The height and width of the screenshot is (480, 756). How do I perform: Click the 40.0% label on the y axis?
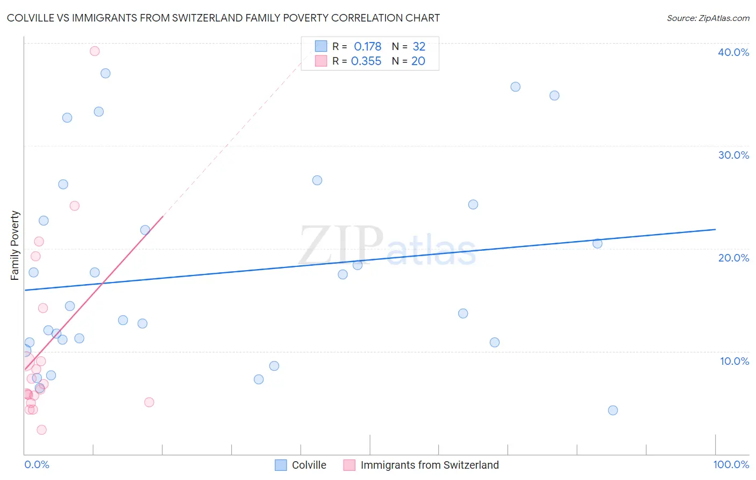[x=733, y=52]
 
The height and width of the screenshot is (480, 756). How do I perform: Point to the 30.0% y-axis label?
[x=733, y=155]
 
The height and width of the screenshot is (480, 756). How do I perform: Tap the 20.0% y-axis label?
[x=733, y=258]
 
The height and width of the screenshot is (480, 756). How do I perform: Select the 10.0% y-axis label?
[x=734, y=361]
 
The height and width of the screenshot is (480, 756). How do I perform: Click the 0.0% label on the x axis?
[x=37, y=464]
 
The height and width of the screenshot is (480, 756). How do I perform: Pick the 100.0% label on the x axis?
[x=731, y=464]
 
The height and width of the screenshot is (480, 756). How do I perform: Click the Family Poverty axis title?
[x=15, y=245]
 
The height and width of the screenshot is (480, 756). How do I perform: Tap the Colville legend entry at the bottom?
[x=309, y=465]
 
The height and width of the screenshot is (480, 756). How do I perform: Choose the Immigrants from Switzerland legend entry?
[x=429, y=465]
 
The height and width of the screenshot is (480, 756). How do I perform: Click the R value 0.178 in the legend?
[x=367, y=47]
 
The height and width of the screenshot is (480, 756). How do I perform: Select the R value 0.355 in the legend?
[x=366, y=61]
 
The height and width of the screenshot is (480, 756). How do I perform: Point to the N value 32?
[x=419, y=47]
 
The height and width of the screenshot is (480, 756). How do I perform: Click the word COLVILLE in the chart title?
[x=32, y=18]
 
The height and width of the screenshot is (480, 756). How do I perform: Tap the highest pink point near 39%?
[x=95, y=51]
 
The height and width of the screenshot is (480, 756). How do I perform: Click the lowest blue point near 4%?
[x=613, y=410]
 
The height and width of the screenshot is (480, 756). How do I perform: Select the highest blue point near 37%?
[x=105, y=73]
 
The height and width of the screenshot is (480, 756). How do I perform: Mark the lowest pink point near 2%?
[x=41, y=429]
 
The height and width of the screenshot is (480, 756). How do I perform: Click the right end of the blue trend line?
[x=715, y=229]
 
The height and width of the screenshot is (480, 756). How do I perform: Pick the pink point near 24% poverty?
[x=75, y=206]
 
